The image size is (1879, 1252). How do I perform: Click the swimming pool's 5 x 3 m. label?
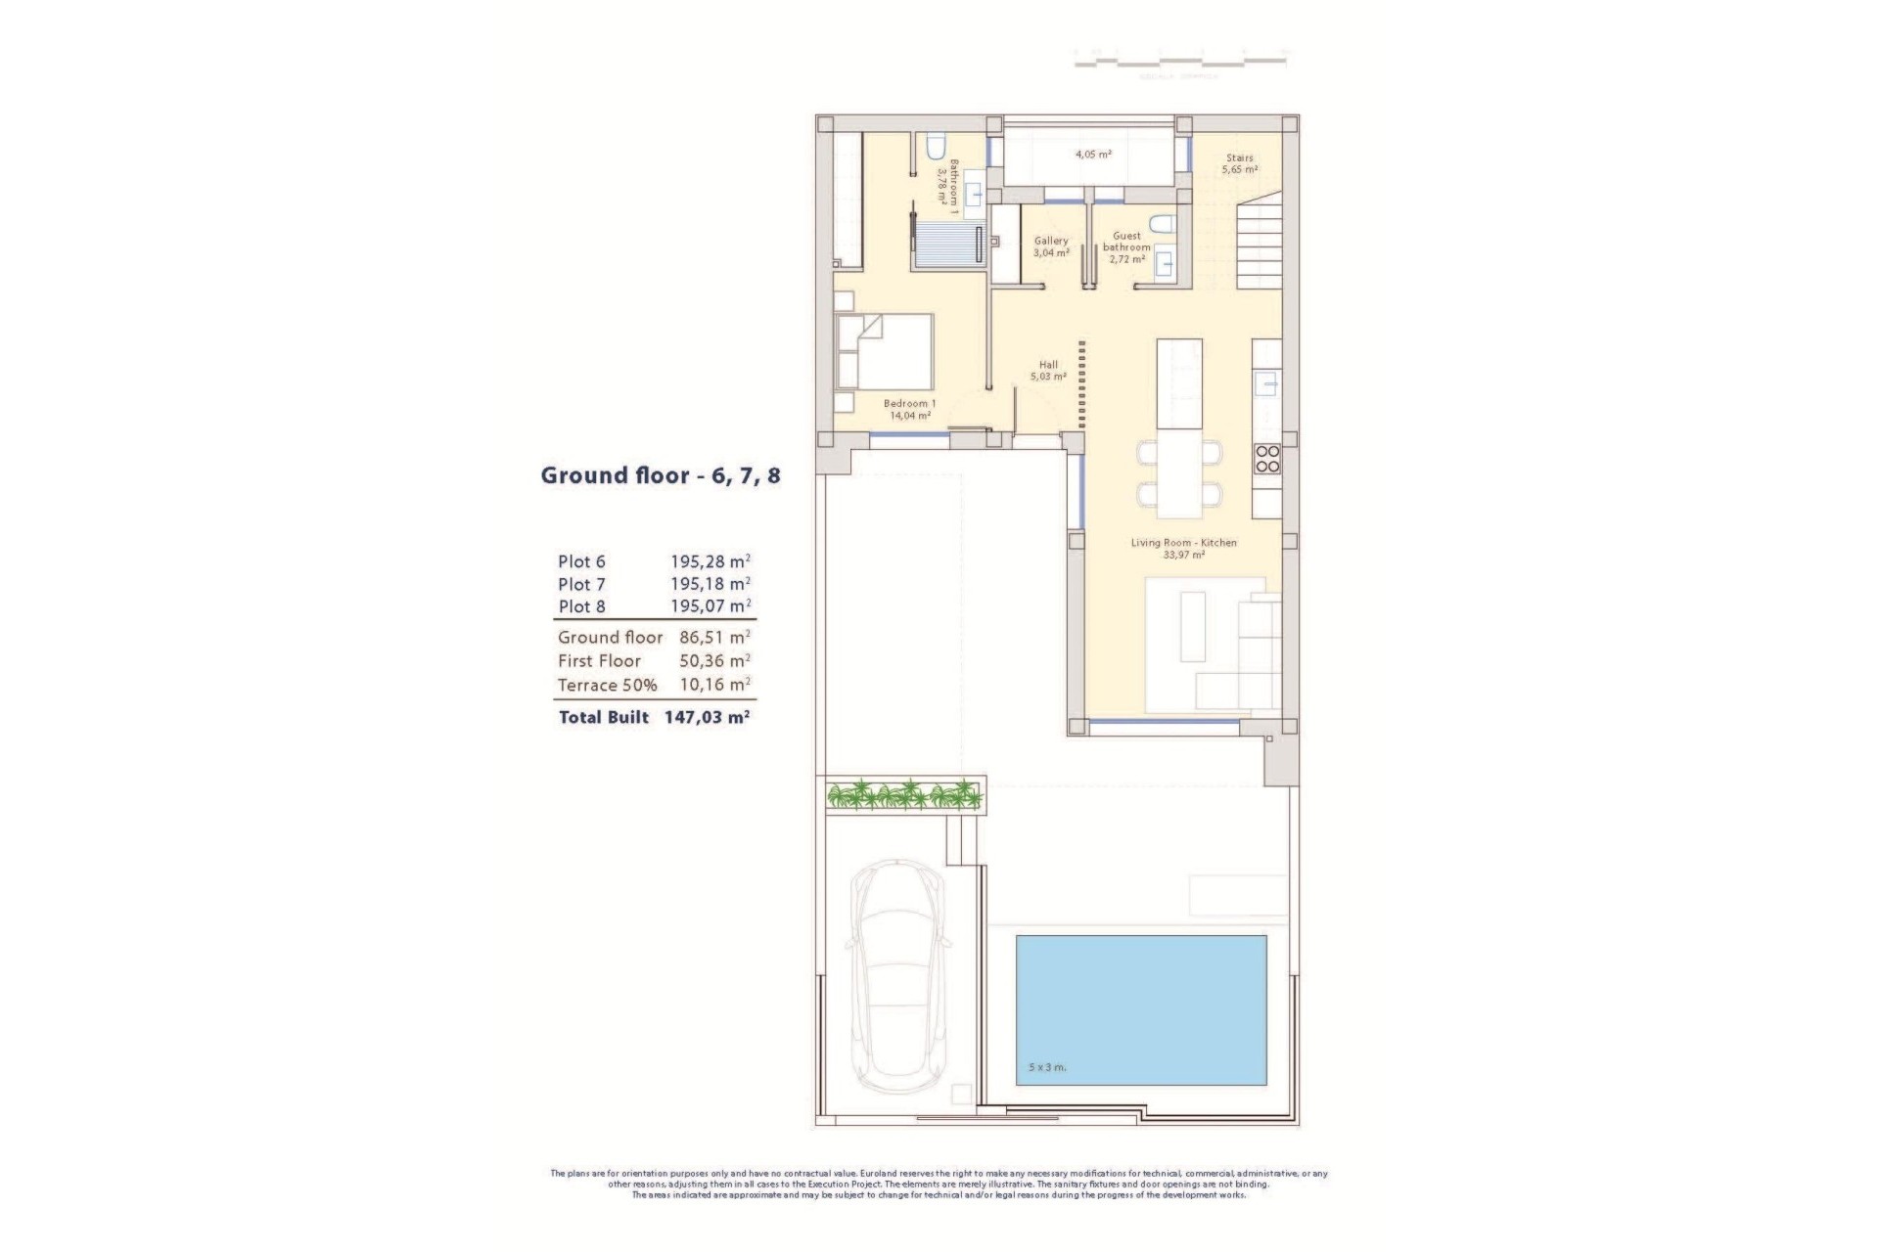pos(1047,1067)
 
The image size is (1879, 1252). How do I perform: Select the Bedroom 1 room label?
pos(909,409)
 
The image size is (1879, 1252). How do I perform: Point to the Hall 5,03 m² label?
pos(1048,370)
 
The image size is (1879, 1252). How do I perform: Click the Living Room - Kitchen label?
pos(1183,548)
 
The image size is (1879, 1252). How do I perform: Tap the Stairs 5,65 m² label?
pos(1239,163)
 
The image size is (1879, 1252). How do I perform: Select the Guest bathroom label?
pos(1126,247)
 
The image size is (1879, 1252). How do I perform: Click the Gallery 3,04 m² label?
pos(1051,246)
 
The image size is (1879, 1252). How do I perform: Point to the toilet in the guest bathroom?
pos(1161,225)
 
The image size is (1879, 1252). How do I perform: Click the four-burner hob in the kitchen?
pos(1266,459)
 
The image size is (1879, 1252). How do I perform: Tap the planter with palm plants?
pos(904,794)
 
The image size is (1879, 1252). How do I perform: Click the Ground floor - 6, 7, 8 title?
pos(661,476)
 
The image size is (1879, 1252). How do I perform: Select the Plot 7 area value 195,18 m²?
pos(710,584)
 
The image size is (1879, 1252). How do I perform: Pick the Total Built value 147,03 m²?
pos(707,717)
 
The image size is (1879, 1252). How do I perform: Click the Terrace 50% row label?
pos(607,686)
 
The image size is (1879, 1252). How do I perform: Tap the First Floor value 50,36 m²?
pos(714,661)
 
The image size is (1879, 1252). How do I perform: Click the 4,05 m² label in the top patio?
pos(1093,154)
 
